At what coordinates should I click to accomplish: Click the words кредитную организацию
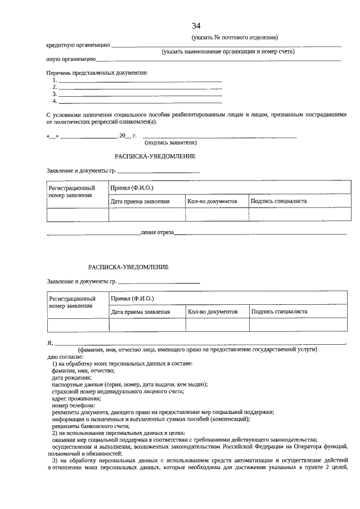(78, 45)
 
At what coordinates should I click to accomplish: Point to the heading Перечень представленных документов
(97, 73)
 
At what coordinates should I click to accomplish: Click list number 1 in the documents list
(55, 80)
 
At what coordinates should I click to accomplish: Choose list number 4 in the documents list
(55, 101)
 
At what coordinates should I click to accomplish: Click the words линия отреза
(157, 232)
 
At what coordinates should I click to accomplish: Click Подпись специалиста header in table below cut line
(279, 311)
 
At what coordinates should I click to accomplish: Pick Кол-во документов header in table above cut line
(212, 201)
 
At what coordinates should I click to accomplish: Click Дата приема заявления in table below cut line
(140, 311)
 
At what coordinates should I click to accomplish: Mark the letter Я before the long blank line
(49, 343)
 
